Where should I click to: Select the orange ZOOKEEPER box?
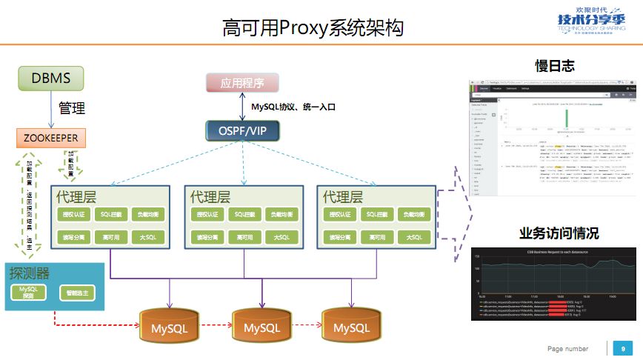coord(51,138)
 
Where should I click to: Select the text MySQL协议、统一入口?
coord(293,107)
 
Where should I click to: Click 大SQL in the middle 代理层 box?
coord(279,237)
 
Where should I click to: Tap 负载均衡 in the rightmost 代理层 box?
coord(414,214)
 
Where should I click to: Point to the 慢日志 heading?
coord(555,65)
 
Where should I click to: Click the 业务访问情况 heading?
coord(559,234)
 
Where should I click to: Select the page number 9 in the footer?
coord(623,348)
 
